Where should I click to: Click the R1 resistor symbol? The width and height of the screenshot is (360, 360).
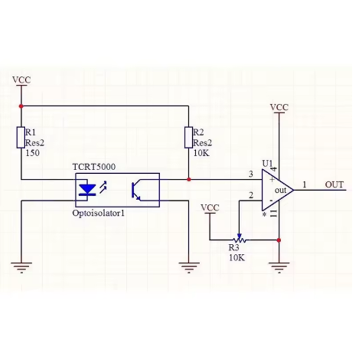click(x=21, y=137)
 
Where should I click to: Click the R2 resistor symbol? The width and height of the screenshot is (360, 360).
click(x=189, y=137)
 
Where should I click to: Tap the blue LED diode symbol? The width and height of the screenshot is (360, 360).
click(x=87, y=190)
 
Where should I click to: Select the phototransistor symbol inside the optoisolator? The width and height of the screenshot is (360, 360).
click(x=136, y=190)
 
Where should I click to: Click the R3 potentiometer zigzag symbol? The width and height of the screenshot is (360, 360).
click(x=239, y=240)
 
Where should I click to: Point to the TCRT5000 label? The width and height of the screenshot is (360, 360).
click(x=94, y=167)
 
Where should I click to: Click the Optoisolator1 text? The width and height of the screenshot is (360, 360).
click(x=99, y=213)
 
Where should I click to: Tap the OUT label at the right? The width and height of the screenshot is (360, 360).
click(x=334, y=185)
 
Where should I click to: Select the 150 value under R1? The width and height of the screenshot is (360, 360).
click(x=32, y=153)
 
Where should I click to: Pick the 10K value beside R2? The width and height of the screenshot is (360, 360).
click(x=201, y=153)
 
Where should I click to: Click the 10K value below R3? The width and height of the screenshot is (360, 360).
click(x=237, y=258)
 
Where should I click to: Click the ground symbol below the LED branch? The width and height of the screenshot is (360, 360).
click(x=21, y=267)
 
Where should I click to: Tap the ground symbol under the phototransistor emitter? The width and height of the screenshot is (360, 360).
click(x=189, y=267)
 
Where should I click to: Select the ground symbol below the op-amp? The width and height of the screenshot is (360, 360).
click(x=279, y=267)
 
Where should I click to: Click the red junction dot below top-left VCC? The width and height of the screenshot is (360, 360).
click(x=21, y=106)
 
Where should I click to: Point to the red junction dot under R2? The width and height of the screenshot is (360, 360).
click(x=189, y=179)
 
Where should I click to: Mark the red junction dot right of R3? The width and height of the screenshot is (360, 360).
click(x=279, y=240)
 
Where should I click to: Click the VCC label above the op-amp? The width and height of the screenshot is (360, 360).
click(x=279, y=107)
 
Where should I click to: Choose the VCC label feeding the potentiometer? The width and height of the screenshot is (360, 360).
click(x=210, y=207)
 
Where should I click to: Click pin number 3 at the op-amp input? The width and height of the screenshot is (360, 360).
click(x=251, y=174)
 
